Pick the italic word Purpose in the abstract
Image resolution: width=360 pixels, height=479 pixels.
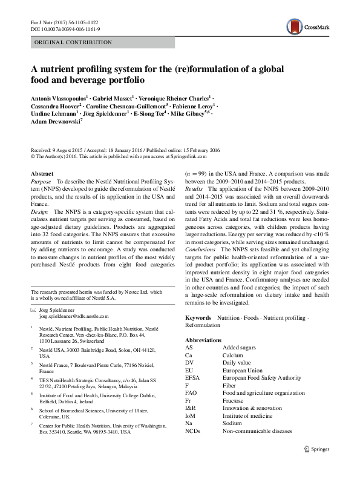[41, 182]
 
